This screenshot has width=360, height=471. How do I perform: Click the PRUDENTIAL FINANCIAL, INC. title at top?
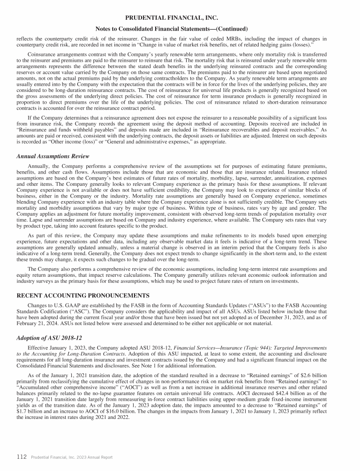pyautogui.click(x=180, y=18)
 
